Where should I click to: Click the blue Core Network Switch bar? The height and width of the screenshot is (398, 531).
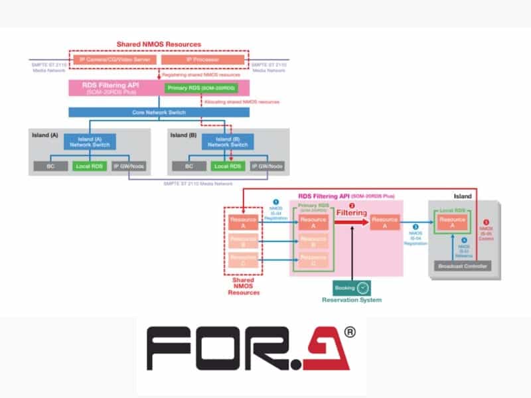(x=159, y=112)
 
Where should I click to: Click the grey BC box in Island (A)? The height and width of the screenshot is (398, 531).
(x=50, y=166)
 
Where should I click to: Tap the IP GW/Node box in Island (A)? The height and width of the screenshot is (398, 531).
(x=130, y=166)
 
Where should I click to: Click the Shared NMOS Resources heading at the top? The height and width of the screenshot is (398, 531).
(x=159, y=44)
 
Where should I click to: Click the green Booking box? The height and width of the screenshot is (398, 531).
(x=344, y=288)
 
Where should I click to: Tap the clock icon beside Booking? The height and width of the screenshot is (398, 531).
(x=362, y=288)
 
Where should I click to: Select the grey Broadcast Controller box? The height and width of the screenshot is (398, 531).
(x=462, y=267)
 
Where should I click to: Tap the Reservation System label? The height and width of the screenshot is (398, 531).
(x=352, y=300)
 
